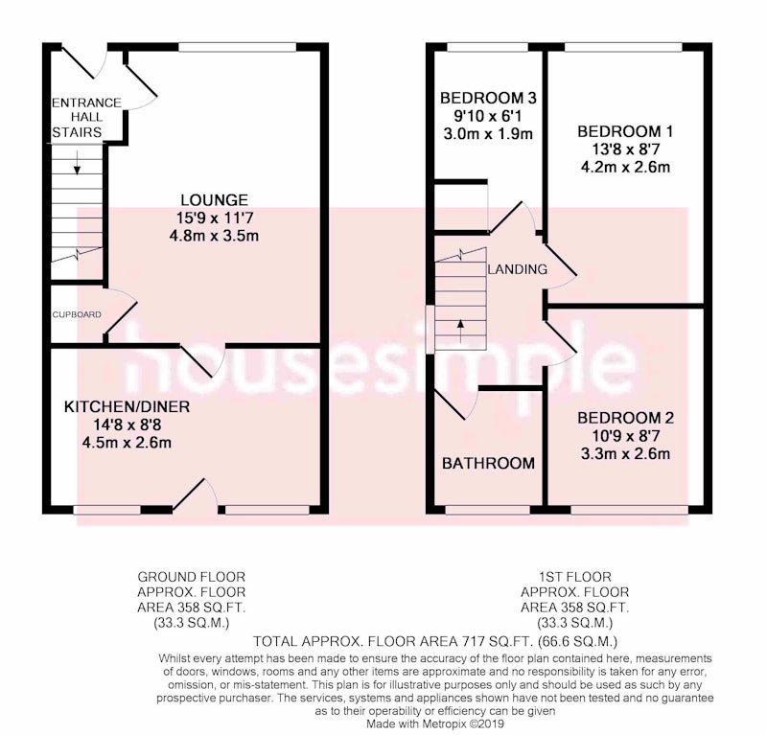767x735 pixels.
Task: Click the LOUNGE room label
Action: pos(214,199)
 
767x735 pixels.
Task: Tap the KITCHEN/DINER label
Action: pos(127,407)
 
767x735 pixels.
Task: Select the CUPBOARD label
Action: pos(77,314)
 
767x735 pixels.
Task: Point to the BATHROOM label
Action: pos(488,463)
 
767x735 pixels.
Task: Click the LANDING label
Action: pos(518,269)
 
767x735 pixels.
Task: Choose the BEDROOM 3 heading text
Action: pos(488,98)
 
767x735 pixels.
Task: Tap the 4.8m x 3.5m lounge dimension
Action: pos(214,236)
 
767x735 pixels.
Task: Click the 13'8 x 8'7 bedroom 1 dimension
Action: pos(626,149)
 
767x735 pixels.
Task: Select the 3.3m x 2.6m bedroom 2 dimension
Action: pos(626,454)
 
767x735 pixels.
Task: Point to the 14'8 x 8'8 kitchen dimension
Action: pos(127,425)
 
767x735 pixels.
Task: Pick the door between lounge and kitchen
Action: pos(202,361)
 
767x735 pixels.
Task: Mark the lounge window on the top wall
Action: pos(237,47)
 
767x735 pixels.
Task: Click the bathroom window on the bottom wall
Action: pos(488,510)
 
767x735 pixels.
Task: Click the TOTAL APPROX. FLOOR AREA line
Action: pos(435,641)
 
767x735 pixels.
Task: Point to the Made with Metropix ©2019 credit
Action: pos(435,724)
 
